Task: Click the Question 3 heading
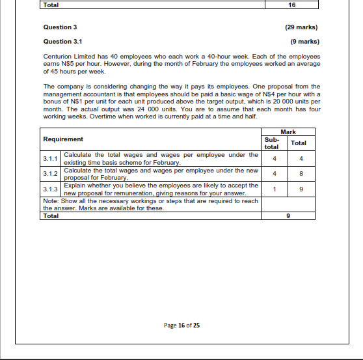[60, 27]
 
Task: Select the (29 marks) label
[302, 27]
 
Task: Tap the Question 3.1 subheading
[62, 41]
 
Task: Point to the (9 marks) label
[304, 41]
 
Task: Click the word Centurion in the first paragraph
[57, 57]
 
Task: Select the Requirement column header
[63, 139]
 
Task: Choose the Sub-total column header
[272, 143]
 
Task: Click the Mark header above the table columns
[287, 132]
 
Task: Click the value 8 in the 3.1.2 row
[299, 174]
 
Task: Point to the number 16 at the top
[291, 5]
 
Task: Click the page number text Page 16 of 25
[181, 325]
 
